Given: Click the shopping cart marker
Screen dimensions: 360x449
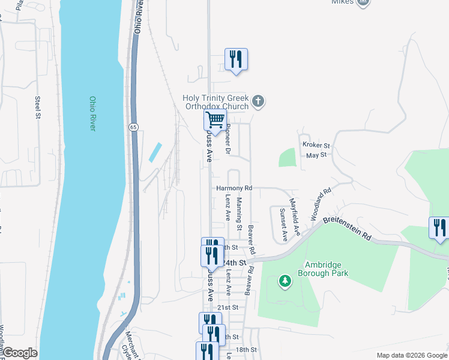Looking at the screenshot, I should click(x=214, y=120).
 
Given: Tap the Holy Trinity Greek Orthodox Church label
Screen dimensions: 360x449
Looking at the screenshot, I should click(x=215, y=102).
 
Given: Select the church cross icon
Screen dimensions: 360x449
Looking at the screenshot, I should click(x=258, y=101).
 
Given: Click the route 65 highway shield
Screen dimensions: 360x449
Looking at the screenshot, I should click(x=133, y=127).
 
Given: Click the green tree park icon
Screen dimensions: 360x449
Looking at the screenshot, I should click(x=285, y=280).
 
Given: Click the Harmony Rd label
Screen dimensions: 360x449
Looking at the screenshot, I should click(x=234, y=188).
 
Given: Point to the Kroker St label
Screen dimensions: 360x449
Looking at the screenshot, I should click(x=316, y=145).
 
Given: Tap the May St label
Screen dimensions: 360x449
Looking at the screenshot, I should click(x=316, y=155).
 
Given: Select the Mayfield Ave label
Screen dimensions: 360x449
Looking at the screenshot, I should click(x=294, y=216).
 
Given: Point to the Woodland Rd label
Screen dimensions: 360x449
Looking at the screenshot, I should click(x=321, y=204).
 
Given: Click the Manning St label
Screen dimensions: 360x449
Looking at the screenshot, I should click(x=239, y=214).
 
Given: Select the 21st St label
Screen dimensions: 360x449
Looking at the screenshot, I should click(x=225, y=307).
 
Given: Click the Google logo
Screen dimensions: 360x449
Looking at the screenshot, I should click(x=19, y=353).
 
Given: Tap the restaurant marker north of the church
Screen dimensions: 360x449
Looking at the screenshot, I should click(x=236, y=59).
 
